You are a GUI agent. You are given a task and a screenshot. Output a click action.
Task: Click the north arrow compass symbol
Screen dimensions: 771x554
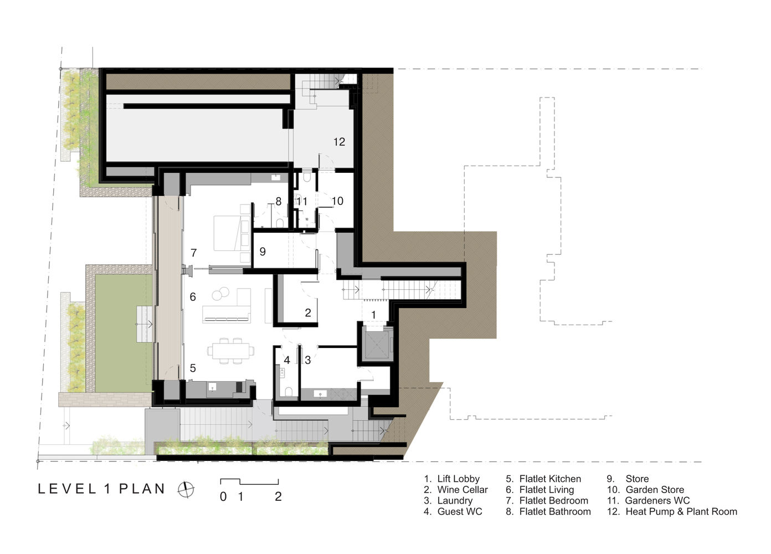pyautogui.click(x=186, y=489)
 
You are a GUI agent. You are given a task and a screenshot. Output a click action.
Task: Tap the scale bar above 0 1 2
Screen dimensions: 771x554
pyautogui.click(x=249, y=481)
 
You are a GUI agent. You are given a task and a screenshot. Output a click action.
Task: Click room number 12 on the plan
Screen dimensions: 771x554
pyautogui.click(x=339, y=142)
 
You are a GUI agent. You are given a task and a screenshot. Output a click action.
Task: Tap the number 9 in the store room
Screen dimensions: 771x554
pyautogui.click(x=263, y=252)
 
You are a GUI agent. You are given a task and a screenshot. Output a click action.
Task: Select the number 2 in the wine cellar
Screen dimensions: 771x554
pyautogui.click(x=308, y=312)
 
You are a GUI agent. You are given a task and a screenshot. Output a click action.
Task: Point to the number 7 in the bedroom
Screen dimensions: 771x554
pyautogui.click(x=194, y=253)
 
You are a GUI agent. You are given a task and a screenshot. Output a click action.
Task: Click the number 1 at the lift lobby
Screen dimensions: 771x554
pyautogui.click(x=373, y=314)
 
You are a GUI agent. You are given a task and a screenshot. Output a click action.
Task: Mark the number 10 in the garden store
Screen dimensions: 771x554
pyautogui.click(x=337, y=201)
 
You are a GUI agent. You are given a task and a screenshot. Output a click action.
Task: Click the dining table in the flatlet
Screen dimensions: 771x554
pyautogui.click(x=230, y=351)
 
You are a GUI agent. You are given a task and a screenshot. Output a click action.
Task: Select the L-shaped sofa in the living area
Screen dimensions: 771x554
pyautogui.click(x=227, y=306)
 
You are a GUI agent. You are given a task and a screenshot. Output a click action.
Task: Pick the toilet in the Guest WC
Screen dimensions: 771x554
pyautogui.click(x=289, y=392)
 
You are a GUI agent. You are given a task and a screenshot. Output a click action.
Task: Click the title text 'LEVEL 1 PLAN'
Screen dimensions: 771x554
pyautogui.click(x=101, y=489)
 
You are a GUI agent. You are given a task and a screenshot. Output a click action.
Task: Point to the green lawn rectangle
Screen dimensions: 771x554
pyautogui.click(x=124, y=333)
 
